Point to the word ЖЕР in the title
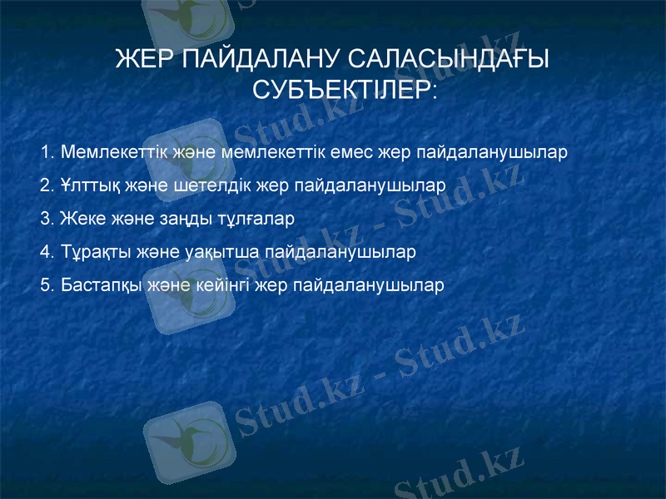point(142,60)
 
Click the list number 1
point(47,153)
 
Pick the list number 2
point(47,185)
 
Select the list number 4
point(47,250)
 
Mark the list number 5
point(47,284)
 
